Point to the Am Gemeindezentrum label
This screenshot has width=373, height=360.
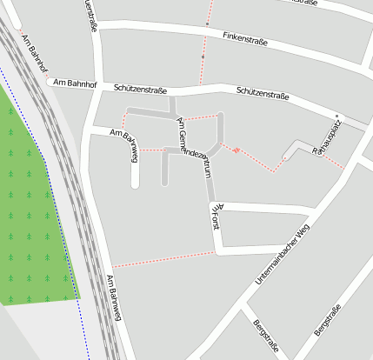(195, 147)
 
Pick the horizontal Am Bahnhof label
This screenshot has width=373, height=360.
(72, 83)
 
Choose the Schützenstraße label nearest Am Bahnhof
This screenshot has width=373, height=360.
(141, 89)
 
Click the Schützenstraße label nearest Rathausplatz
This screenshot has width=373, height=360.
(263, 95)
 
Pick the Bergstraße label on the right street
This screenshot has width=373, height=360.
(327, 321)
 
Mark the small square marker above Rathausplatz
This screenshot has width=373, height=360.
(336, 116)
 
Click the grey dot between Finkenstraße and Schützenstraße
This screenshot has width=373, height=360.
(203, 57)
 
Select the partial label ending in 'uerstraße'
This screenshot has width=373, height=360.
(90, 15)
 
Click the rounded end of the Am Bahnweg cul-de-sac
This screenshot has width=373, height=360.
(135, 183)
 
